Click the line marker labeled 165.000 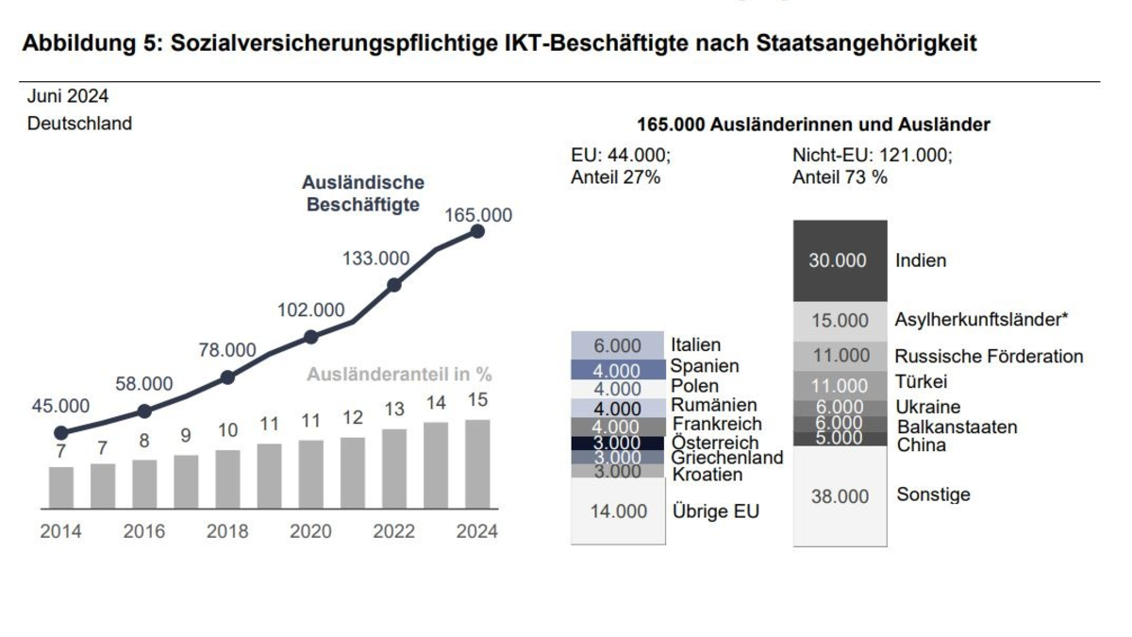coord(477,231)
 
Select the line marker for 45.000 coord(60,433)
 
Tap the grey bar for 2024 coord(477,464)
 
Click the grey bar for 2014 coord(60,487)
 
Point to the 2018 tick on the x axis coord(227,531)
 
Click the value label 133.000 coord(375,259)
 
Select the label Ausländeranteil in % coord(399,375)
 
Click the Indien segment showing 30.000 coord(840,261)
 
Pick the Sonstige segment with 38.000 coord(840,496)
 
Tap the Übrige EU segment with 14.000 coord(618,511)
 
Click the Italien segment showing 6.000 coord(618,345)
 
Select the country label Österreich coord(715,443)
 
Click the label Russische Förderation coord(989,357)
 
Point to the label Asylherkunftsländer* coord(981,320)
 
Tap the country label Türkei coord(922,382)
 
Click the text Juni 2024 coord(67,96)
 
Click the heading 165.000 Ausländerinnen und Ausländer coord(813,125)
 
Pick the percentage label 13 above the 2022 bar coord(394,410)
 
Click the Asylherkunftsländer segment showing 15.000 coord(840,321)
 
